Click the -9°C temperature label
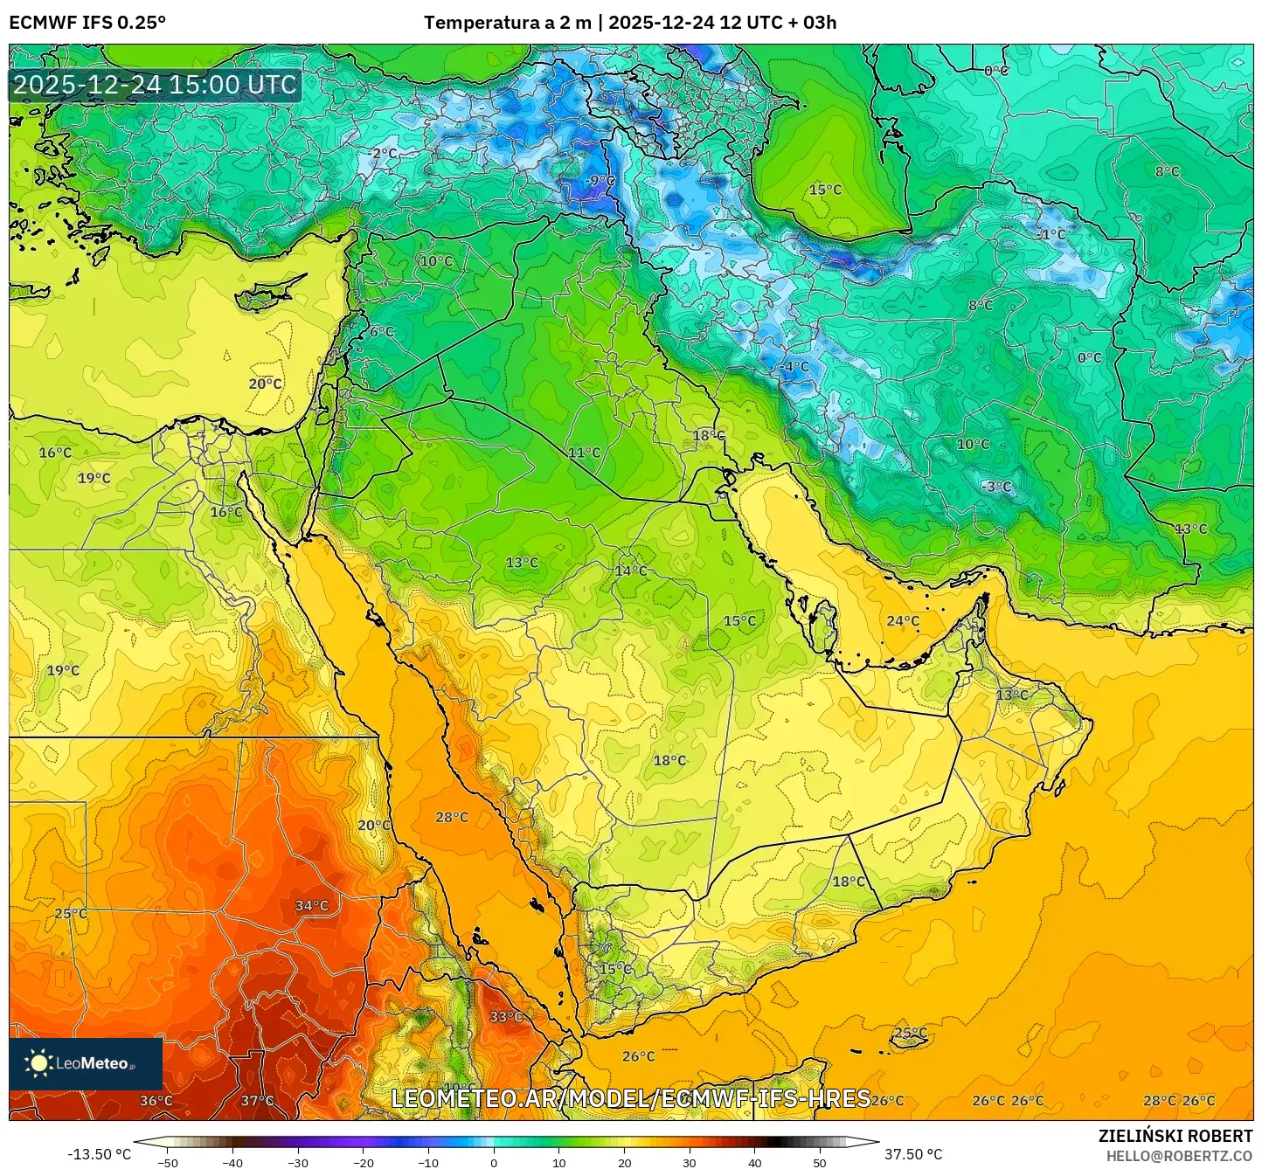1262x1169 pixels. [601, 181]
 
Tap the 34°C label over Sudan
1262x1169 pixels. [312, 905]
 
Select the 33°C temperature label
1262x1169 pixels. [506, 1016]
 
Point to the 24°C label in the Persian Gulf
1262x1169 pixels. [903, 620]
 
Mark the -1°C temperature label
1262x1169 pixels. [1051, 234]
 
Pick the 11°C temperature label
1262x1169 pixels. [584, 452]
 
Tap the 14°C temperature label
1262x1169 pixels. [631, 571]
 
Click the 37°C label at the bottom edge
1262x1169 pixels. [257, 1100]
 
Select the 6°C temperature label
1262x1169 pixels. [381, 331]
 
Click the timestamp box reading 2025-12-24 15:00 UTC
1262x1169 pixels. [155, 85]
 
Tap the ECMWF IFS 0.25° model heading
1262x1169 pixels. [87, 23]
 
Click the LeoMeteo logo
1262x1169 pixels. [85, 1063]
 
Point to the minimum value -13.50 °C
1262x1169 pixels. [99, 1154]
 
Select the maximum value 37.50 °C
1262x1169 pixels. [912, 1154]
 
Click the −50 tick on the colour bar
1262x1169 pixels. [167, 1163]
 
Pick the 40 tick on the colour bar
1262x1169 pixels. [754, 1163]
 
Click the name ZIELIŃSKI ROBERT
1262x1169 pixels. [1175, 1136]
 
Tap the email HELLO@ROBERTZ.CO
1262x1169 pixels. [1179, 1156]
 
